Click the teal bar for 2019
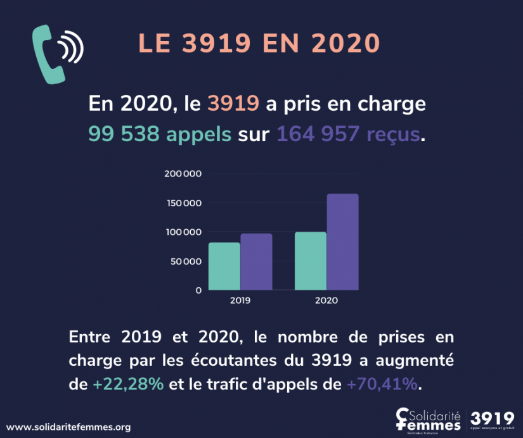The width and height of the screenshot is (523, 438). tap(224, 266)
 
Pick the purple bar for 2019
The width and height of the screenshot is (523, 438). tap(256, 261)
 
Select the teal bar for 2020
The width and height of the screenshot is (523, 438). tap(311, 261)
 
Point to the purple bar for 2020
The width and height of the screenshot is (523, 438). tap(342, 242)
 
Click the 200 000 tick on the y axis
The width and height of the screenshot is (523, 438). tap(183, 174)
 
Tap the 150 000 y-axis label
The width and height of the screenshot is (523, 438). tap(183, 203)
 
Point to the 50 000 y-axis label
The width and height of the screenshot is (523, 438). tap(185, 261)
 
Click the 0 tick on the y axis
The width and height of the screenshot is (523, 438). tap(198, 291)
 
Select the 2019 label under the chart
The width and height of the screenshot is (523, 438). tap(240, 301)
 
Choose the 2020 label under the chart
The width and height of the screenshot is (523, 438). tap(326, 301)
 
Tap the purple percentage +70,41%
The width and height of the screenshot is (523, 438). tap(382, 384)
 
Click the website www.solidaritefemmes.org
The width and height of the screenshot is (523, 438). tap(68, 427)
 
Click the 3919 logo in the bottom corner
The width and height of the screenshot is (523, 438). tap(494, 419)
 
